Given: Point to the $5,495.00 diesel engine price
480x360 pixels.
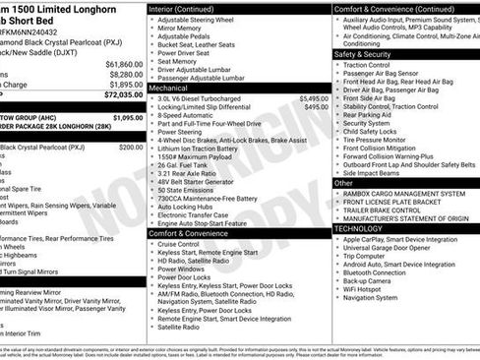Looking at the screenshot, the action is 309,99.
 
